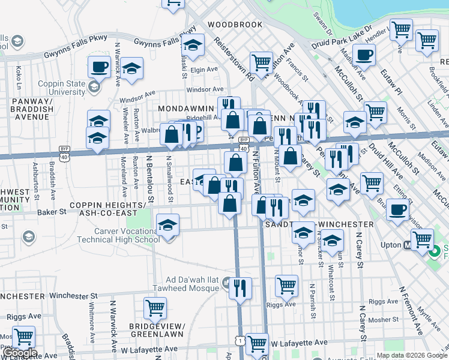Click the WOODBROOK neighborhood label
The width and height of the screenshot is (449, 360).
point(235,25)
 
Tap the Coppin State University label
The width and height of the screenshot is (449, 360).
point(62,88)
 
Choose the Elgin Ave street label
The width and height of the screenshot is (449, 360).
point(203,70)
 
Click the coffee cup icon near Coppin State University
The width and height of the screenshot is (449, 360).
point(100,66)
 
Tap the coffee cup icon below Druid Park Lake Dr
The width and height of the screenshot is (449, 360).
point(363,55)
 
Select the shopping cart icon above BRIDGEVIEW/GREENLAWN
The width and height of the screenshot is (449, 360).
point(155,308)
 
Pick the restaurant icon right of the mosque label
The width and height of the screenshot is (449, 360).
point(240,288)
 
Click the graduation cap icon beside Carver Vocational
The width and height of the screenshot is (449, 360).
point(168,225)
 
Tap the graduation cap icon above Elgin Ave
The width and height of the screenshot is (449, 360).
point(193,45)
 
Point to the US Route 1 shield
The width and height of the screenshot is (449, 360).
point(241,340)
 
